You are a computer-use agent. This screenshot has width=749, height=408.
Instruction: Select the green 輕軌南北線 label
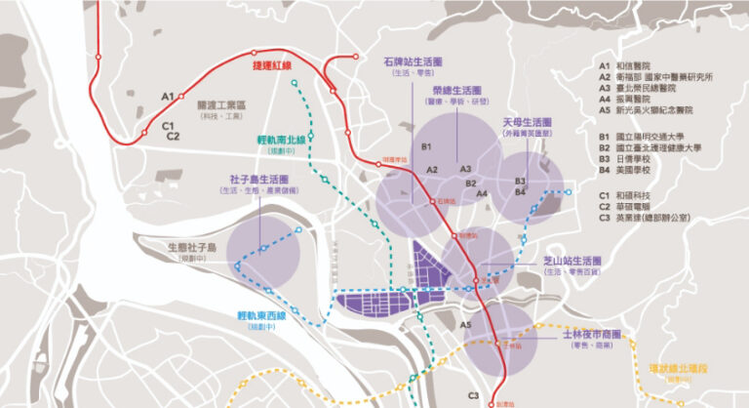[280, 140]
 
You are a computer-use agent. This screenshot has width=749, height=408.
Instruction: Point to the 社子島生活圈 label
[259, 180]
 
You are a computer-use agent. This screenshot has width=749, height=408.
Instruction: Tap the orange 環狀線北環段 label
[679, 368]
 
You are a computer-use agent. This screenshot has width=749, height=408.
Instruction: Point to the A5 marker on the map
[466, 324]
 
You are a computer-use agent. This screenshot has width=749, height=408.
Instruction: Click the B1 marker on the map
[426, 146]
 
